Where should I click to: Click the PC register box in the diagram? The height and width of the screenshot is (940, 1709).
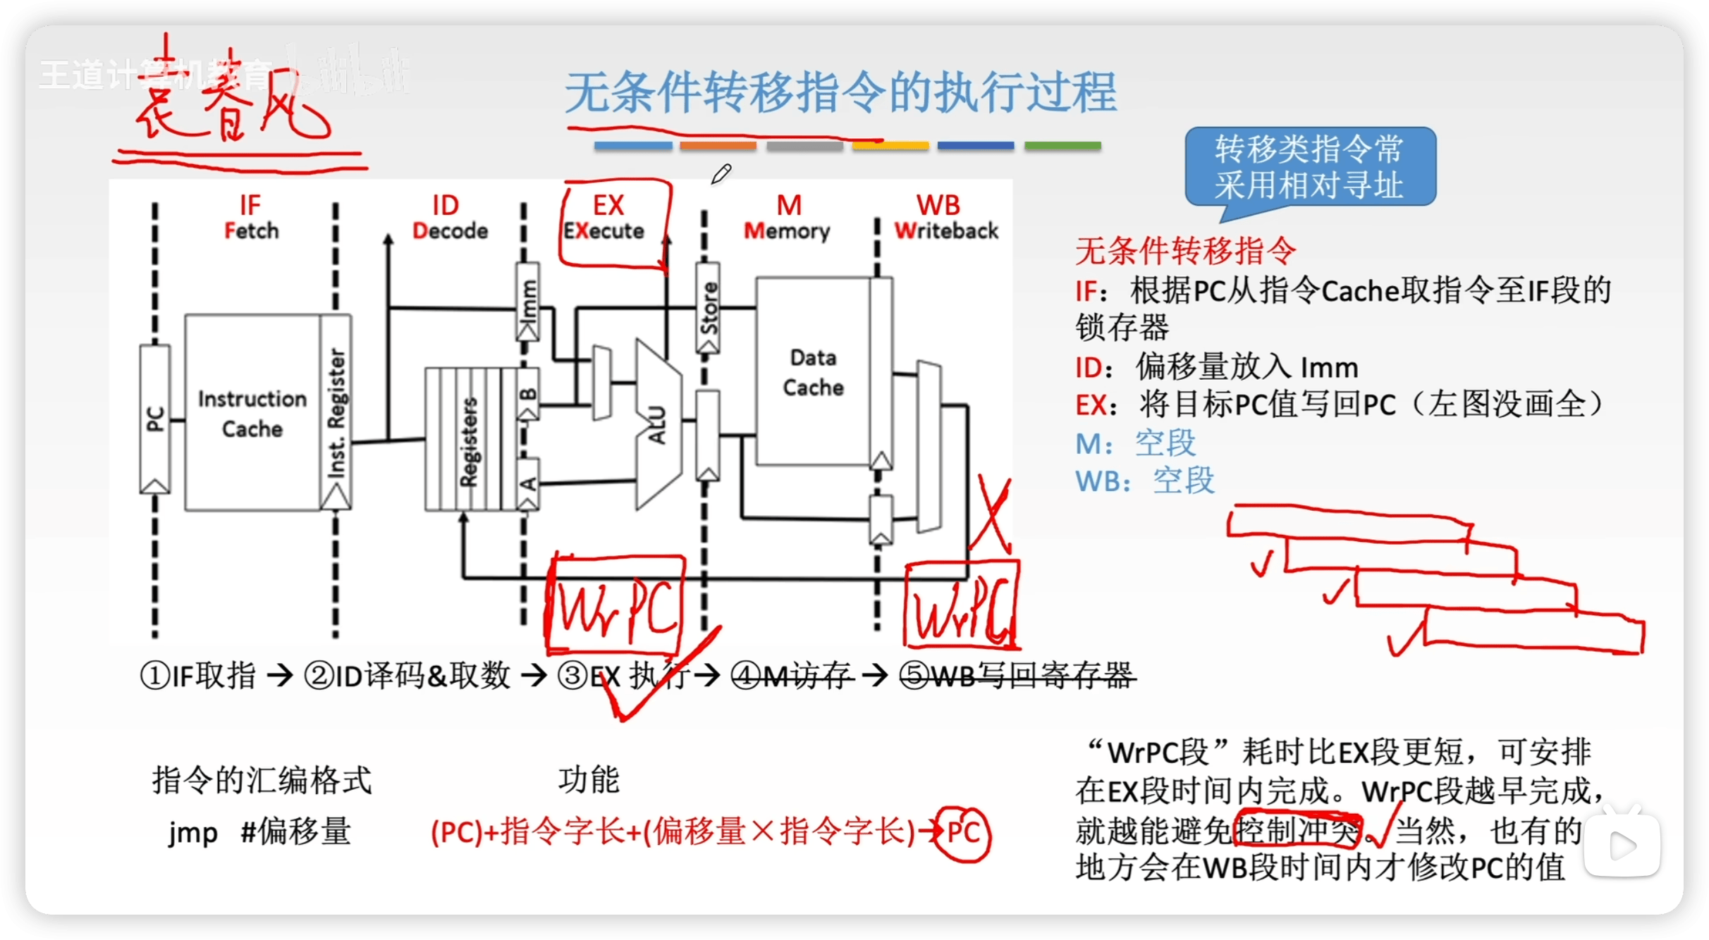point(154,419)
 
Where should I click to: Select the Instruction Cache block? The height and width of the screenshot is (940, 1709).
point(252,413)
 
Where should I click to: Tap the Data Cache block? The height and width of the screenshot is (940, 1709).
point(813,372)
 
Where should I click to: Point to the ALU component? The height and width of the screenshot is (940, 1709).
point(658,424)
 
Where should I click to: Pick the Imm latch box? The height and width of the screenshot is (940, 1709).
point(528,302)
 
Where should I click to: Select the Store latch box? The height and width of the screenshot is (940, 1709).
point(708,307)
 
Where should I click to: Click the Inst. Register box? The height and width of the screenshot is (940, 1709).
point(336,413)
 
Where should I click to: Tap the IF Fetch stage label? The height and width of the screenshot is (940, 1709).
point(251,217)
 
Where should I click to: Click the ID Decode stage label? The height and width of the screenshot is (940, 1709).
point(448,217)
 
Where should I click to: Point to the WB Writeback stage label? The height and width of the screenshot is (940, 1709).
point(945,217)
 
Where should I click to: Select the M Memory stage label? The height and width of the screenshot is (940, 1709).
point(787,217)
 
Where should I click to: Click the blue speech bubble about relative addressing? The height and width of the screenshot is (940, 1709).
point(1309,168)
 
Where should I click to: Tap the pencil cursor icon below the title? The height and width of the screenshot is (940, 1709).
point(721,173)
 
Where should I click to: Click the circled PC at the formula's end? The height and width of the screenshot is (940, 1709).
point(963,834)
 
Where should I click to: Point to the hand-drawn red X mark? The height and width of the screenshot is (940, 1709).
point(991,514)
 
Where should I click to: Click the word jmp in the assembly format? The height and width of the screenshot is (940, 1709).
point(192,834)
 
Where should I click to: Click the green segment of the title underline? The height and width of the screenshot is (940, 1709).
point(1062,146)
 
